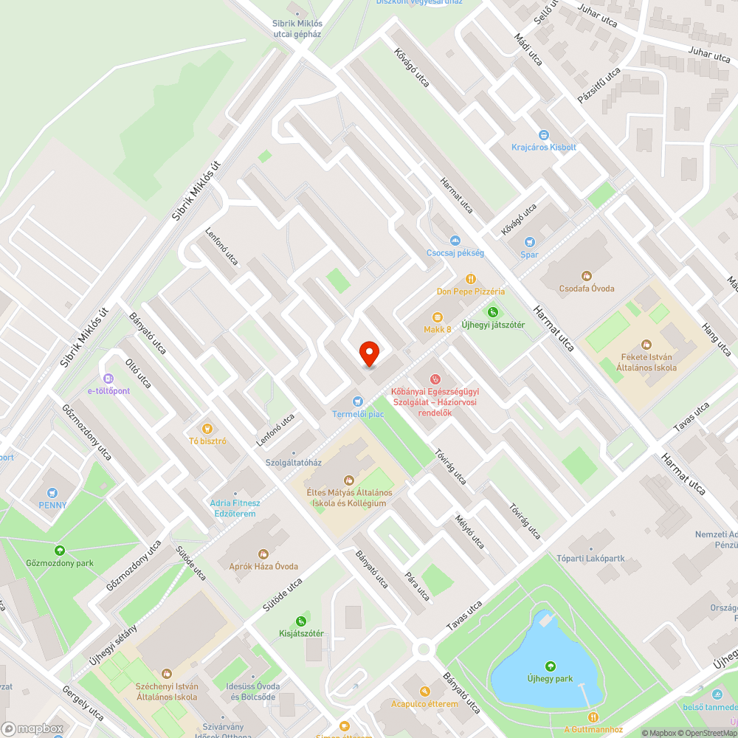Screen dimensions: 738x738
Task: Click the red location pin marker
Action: (369, 354)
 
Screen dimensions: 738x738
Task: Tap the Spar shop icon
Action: (529, 242)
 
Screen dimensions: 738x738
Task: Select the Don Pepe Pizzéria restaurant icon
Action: (470, 278)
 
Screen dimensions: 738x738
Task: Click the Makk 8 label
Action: (437, 329)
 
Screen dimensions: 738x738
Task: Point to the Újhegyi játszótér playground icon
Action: (493, 312)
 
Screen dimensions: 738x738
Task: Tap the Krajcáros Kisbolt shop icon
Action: (544, 135)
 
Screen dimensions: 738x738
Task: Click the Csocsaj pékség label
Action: (455, 252)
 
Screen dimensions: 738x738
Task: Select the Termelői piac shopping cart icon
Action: (358, 401)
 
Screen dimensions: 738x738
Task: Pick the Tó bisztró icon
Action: (207, 428)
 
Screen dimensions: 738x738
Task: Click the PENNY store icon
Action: (52, 493)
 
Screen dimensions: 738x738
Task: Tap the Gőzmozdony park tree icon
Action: (59, 550)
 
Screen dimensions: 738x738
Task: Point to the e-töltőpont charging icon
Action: (108, 379)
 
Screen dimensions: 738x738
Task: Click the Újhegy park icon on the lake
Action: (549, 666)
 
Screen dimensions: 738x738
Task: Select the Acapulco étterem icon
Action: (424, 692)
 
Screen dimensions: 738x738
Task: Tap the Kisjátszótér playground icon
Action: (300, 621)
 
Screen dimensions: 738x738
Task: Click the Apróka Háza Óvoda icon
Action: (263, 553)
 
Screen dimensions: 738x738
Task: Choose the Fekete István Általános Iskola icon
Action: (646, 344)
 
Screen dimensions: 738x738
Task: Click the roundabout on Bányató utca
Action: (423, 649)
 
